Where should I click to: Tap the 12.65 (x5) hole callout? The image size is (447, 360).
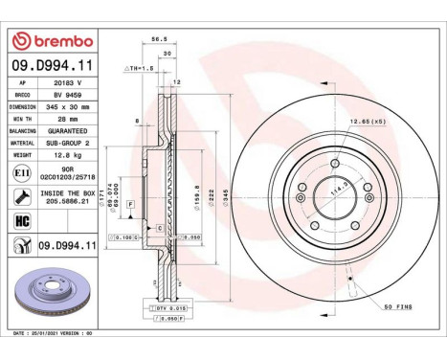(368, 121)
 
